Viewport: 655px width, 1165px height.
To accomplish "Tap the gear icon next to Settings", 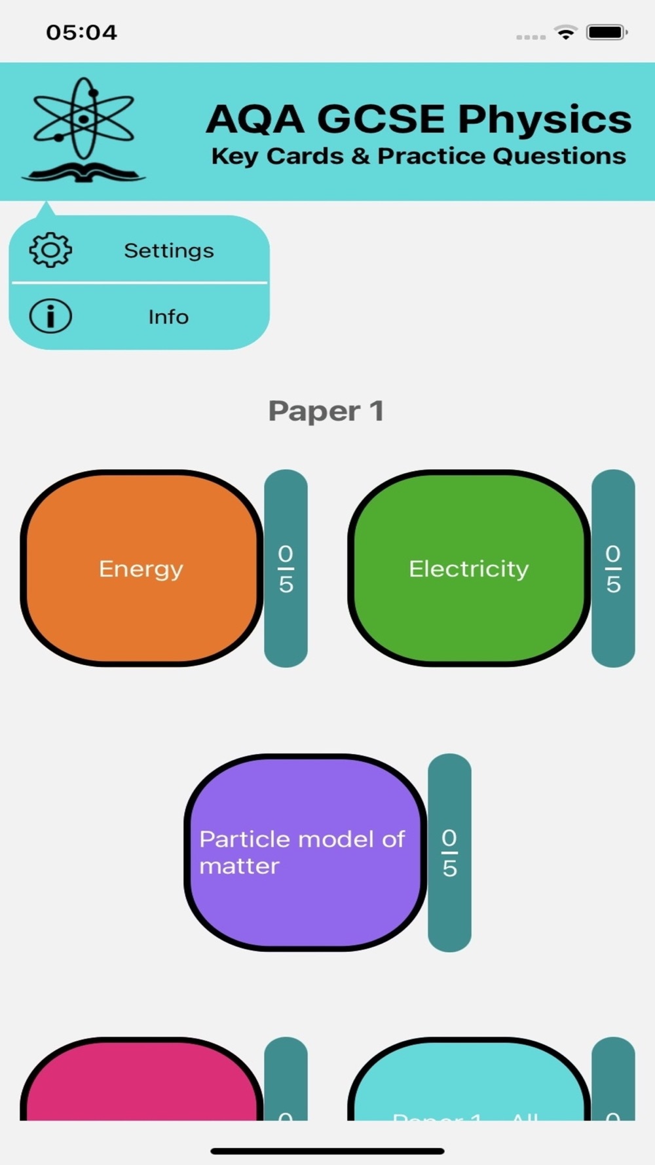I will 50,250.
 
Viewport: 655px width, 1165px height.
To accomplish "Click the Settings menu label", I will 169,250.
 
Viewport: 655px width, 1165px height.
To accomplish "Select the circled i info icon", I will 50,316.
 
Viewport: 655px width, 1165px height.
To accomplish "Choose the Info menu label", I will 168,316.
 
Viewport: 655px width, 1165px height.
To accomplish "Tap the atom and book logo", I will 83,130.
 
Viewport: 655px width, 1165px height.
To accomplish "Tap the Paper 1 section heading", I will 326,411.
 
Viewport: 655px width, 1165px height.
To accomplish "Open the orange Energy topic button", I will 141,568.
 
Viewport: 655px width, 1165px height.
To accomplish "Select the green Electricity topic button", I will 468,568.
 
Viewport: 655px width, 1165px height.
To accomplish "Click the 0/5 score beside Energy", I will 286,568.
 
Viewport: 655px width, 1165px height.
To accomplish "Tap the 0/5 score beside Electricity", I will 613,568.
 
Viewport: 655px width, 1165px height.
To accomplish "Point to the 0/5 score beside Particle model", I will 449,852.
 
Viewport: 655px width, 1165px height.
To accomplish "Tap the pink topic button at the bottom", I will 141,1081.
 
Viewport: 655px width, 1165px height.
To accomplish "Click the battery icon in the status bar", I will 607,32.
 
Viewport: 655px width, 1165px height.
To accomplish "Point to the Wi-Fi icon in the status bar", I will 565,32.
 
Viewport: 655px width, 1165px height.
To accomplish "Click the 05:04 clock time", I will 81,32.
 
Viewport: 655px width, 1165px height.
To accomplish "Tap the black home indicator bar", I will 327,1151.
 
